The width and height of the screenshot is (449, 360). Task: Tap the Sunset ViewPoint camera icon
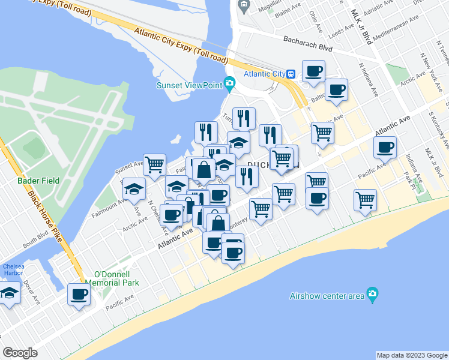(229, 83)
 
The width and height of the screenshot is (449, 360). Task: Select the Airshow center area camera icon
(373, 293)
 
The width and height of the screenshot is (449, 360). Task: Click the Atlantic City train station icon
(291, 74)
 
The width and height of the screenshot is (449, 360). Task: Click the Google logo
(20, 353)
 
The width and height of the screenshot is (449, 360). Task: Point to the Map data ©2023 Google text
(411, 355)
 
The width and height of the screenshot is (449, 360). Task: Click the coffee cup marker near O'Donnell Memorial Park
(79, 294)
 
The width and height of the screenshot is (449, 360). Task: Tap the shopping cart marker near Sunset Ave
(155, 163)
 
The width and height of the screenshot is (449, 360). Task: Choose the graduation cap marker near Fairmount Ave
(134, 189)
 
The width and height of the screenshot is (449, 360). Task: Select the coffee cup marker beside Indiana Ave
(385, 146)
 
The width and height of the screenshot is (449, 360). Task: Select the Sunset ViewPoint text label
(189, 85)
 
